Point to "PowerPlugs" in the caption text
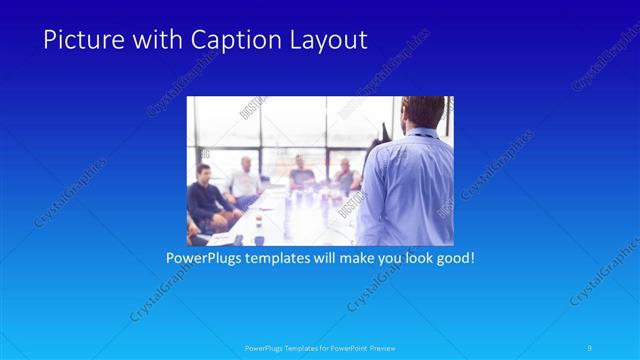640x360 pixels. (x=204, y=258)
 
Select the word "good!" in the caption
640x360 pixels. (x=452, y=258)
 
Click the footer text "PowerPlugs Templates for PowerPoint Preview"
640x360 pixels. (x=319, y=348)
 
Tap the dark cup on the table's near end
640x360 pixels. (x=259, y=239)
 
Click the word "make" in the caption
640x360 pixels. (x=347, y=258)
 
